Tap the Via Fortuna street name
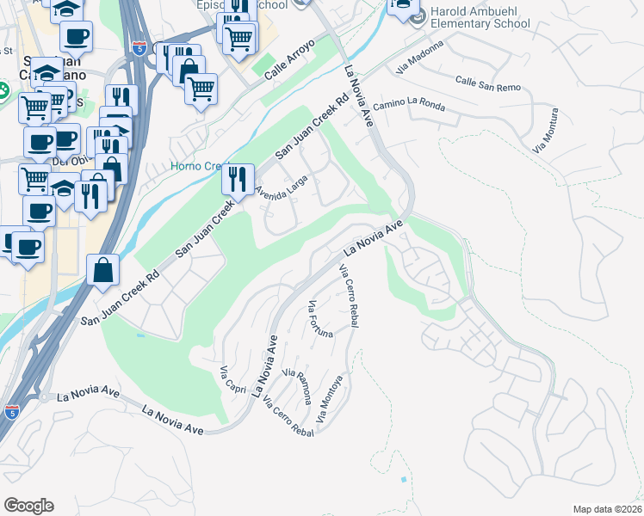click(x=319, y=319)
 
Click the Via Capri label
click(x=234, y=379)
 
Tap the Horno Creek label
click(x=196, y=166)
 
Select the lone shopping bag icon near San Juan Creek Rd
click(x=103, y=270)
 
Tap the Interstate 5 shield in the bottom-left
click(x=11, y=412)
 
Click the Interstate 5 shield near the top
click(x=139, y=49)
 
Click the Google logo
click(x=28, y=506)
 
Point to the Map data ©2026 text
click(x=607, y=509)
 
